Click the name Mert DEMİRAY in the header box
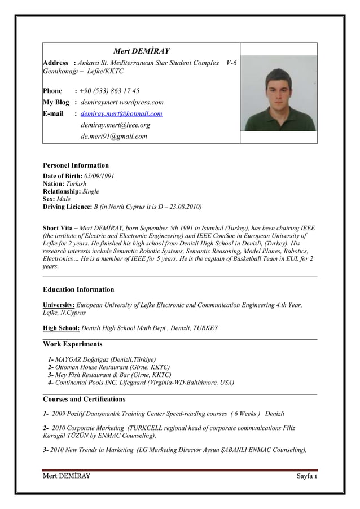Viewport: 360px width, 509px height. click(x=142, y=51)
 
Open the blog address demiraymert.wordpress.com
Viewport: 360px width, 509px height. click(x=122, y=102)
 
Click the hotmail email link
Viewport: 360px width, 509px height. click(x=121, y=114)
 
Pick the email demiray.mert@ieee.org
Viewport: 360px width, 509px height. click(x=115, y=125)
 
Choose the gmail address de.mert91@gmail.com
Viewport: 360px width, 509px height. click(x=114, y=136)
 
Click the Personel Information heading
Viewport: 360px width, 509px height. click(x=76, y=165)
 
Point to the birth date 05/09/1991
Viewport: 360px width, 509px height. click(x=99, y=176)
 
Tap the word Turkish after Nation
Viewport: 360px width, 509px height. click(x=76, y=184)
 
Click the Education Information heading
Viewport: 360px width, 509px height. click(x=78, y=289)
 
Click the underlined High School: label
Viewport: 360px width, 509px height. click(x=62, y=328)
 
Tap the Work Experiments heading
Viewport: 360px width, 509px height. click(x=73, y=344)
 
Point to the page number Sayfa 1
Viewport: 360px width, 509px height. click(x=307, y=480)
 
